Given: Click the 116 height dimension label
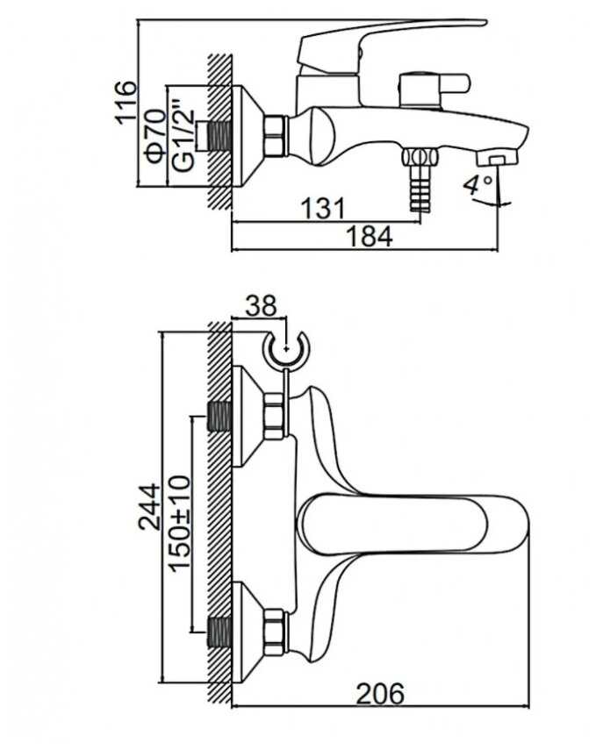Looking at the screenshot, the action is click(x=126, y=103).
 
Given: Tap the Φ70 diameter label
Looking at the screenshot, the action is click(x=155, y=136).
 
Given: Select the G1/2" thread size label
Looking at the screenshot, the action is click(x=183, y=135).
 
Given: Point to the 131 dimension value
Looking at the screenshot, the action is click(x=323, y=208).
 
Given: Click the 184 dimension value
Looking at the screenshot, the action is click(x=369, y=236).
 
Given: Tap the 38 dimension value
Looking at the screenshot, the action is click(x=262, y=306).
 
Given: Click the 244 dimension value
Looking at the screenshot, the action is click(x=149, y=507).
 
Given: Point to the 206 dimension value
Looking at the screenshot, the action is click(x=380, y=693).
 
